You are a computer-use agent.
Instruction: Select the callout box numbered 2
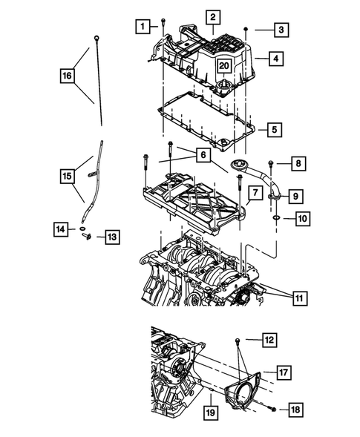[x=212, y=17]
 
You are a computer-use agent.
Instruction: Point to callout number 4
[x=275, y=57]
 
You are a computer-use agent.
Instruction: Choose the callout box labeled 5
[x=274, y=130]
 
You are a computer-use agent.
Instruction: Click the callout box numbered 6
[x=201, y=155]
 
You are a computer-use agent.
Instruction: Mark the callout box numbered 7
[x=253, y=194]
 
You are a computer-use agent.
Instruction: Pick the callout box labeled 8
[x=297, y=163]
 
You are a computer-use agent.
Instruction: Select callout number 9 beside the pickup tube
[x=295, y=196]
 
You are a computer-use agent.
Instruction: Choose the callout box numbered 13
[x=111, y=237]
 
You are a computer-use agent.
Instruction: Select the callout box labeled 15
[x=68, y=176]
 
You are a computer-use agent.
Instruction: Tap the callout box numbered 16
[x=68, y=75]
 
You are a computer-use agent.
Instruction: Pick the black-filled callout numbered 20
[x=223, y=66]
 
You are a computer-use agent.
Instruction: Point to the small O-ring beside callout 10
[x=277, y=219]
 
